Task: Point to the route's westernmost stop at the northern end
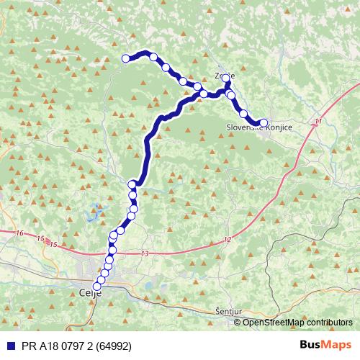tap(126, 58)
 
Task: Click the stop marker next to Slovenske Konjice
tap(263, 123)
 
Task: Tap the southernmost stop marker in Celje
tap(97, 286)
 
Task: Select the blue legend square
tap(8, 345)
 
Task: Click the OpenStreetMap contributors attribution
tap(297, 323)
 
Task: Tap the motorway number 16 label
tap(19, 233)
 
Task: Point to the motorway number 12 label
tap(228, 238)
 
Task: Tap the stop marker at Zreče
tap(225, 78)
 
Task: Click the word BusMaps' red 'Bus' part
tap(311, 345)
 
